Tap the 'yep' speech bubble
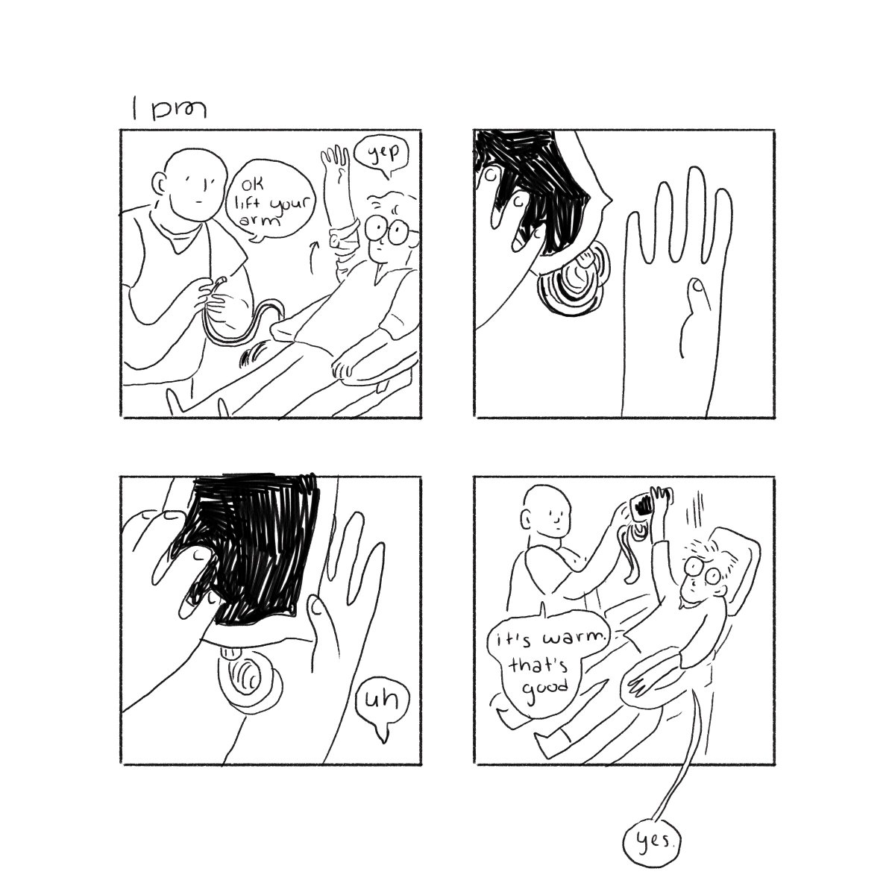381,154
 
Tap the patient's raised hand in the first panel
336,164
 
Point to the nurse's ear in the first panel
159,184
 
